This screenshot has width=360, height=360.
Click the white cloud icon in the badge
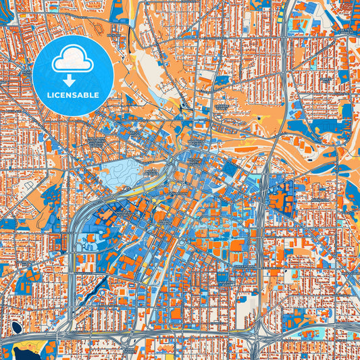(72, 60)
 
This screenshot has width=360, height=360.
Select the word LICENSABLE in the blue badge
(72, 95)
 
